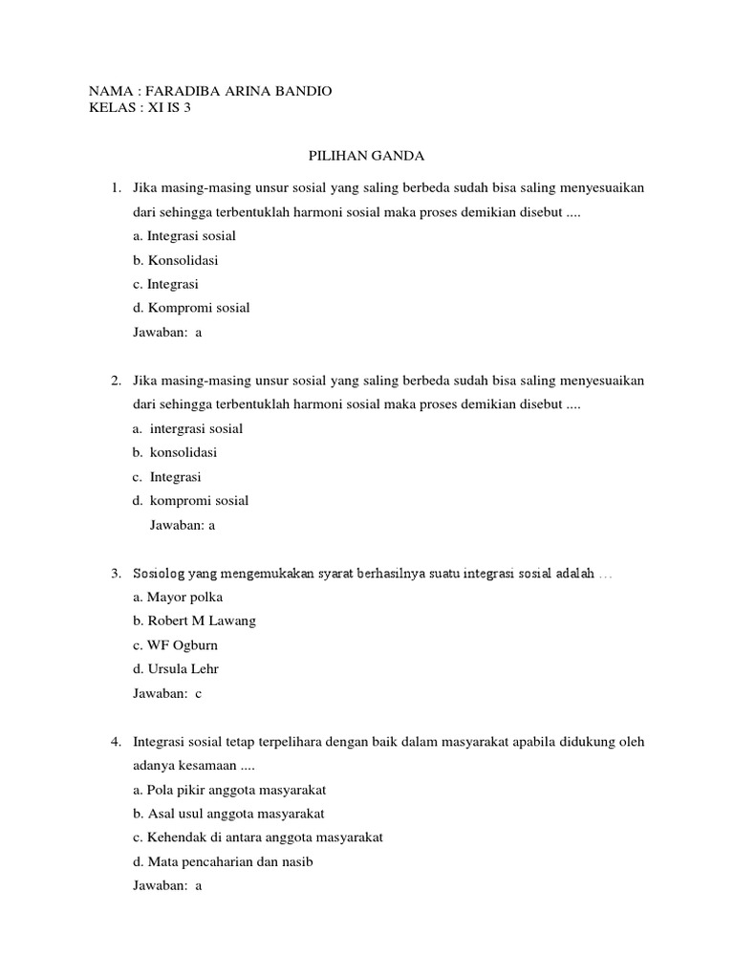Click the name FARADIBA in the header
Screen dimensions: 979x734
tap(187, 91)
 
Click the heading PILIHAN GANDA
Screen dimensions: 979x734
tap(366, 156)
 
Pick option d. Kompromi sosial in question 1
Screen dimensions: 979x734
tap(191, 308)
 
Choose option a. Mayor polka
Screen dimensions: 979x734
tap(178, 597)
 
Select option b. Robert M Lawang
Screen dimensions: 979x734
tap(194, 620)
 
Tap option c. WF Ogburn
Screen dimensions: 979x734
tap(177, 645)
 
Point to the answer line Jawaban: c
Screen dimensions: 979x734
tap(167, 693)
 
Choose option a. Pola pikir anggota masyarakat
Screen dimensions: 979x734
tap(229, 790)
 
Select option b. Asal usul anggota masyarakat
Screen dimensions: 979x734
tap(228, 814)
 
